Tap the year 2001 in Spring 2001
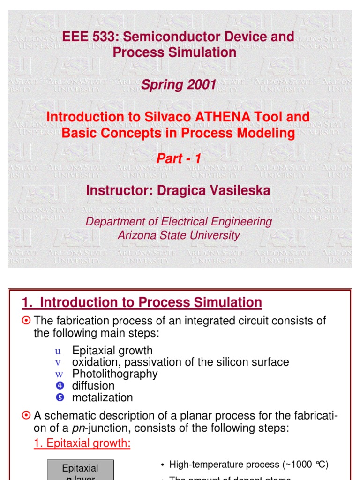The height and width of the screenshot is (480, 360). (200, 85)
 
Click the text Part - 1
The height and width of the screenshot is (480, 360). (179, 159)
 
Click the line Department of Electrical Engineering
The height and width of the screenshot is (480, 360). (179, 221)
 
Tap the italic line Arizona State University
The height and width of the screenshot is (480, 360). (179, 235)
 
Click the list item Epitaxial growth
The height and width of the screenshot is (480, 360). (112, 350)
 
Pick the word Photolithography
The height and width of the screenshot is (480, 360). (115, 374)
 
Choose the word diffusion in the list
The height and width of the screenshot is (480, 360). (93, 385)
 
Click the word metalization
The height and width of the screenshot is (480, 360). (102, 397)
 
